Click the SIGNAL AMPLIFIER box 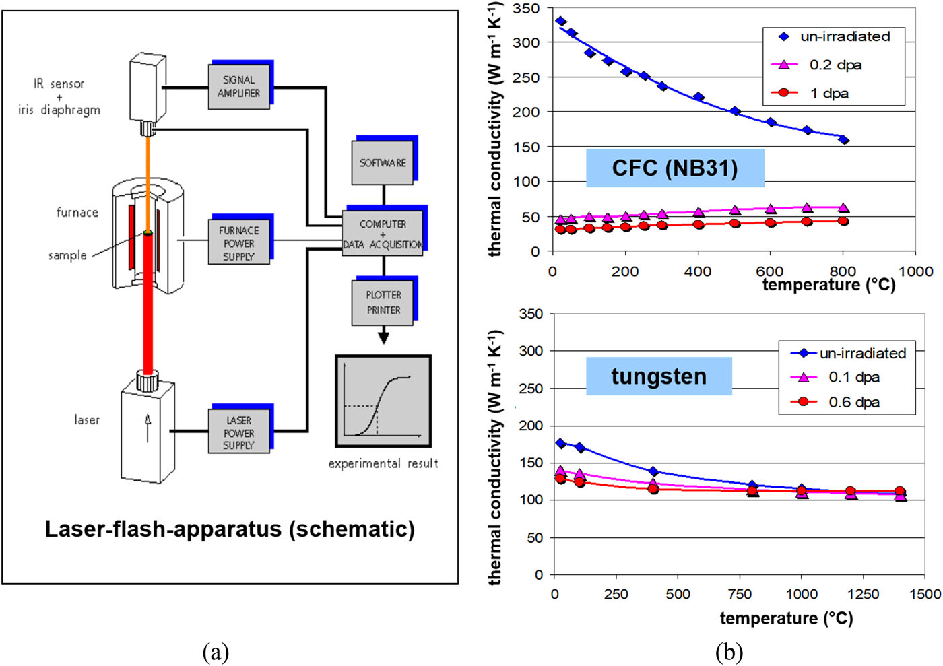(239, 87)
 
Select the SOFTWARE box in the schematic (383, 162)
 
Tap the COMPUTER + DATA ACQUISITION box (383, 233)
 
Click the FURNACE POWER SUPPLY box (238, 242)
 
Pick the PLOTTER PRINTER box (383, 302)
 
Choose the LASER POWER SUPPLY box (238, 432)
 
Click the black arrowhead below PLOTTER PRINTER (383, 337)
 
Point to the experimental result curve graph (383, 401)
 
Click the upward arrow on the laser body (148, 428)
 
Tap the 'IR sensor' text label (59, 84)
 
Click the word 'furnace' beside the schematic (77, 213)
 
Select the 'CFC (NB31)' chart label (675, 168)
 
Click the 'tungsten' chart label (659, 376)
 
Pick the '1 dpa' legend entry (828, 93)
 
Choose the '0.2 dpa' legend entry (835, 65)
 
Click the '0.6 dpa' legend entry (853, 402)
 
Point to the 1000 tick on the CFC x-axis (915, 271)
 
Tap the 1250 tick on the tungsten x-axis (863, 594)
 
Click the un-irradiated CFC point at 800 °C (843, 140)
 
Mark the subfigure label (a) (216, 652)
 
